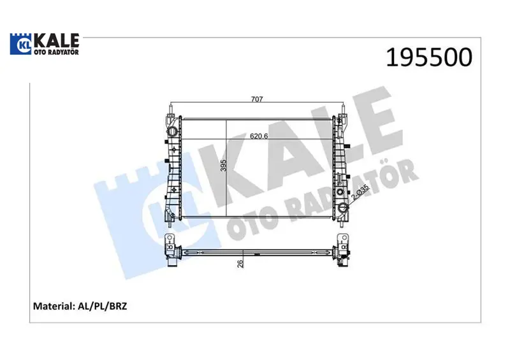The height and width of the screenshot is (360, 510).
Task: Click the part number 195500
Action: [x=429, y=57]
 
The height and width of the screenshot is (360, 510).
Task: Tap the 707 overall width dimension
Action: [x=257, y=99]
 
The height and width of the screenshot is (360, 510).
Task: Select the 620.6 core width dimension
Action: [x=259, y=136]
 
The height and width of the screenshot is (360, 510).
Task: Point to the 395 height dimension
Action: [x=223, y=166]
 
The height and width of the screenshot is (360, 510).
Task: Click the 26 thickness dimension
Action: [x=240, y=263]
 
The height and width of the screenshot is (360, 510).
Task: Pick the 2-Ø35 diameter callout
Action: [x=360, y=192]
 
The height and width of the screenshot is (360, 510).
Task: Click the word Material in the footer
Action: [x=54, y=306]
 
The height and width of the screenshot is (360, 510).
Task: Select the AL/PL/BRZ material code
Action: [x=103, y=306]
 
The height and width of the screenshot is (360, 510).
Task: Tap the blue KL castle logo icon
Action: [x=22, y=44]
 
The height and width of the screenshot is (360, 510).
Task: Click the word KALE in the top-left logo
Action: [x=57, y=40]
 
